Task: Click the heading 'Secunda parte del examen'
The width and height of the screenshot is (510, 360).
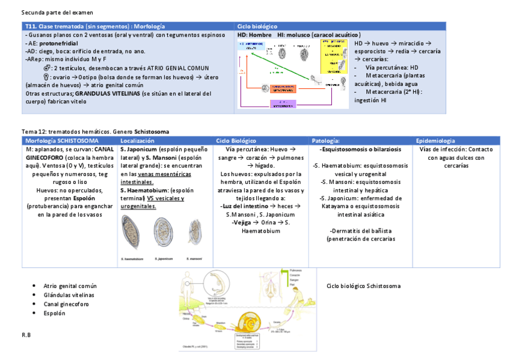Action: click(57, 12)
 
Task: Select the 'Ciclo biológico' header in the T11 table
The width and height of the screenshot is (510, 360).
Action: click(257, 26)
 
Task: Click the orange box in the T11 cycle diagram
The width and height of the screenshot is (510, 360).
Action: click(285, 88)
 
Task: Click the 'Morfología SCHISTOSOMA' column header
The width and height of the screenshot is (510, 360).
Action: click(61, 140)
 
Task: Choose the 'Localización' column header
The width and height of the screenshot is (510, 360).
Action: click(138, 140)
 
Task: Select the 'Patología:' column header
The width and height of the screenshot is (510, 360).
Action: click(325, 140)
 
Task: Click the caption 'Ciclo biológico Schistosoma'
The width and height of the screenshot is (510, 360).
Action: click(363, 286)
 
